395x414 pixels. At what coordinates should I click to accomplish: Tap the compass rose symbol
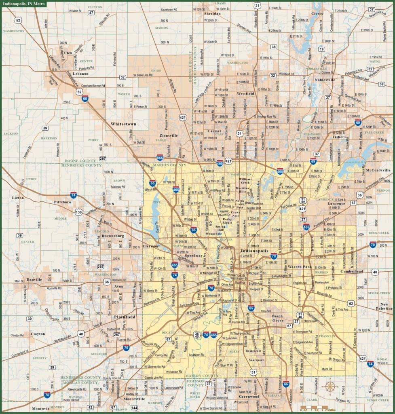click(x=330, y=386)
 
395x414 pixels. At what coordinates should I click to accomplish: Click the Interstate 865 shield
click(x=160, y=157)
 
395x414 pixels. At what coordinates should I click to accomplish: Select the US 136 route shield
click(x=78, y=212)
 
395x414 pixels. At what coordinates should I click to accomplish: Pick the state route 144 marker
click(x=134, y=408)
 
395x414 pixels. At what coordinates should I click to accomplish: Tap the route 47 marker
click(x=91, y=13)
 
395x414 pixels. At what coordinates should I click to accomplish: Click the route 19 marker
click(x=321, y=49)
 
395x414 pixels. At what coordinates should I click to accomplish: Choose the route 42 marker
click(x=90, y=408)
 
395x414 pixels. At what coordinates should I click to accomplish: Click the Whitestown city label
click(x=124, y=124)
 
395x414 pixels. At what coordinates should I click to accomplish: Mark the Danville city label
click(x=34, y=280)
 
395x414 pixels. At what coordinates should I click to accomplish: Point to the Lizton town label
click(x=18, y=198)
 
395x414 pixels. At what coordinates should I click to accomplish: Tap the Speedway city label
click(x=193, y=256)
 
